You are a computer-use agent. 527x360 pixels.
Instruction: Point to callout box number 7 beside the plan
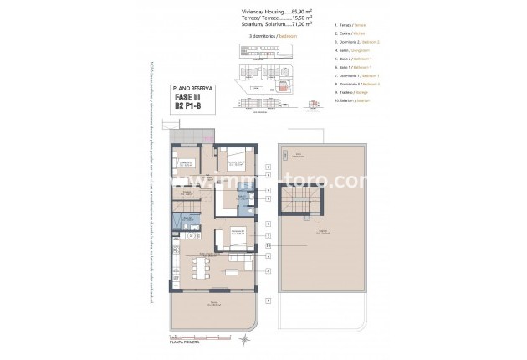point(268,167)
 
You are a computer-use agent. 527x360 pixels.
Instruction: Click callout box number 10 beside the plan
point(268,245)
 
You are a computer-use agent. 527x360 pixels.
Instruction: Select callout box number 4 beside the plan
point(268,271)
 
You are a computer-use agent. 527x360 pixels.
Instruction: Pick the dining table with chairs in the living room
point(199,268)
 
